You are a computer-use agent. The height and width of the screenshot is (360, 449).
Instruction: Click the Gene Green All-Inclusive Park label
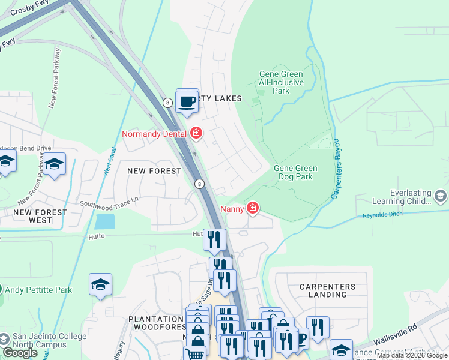click(x=280, y=82)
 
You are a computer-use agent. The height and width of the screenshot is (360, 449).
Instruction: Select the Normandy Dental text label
click(x=154, y=134)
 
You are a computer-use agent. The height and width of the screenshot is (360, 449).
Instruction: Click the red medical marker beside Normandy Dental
click(x=196, y=133)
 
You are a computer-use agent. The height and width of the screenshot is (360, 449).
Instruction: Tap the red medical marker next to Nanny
click(x=253, y=208)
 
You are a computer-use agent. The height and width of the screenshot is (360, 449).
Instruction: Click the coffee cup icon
click(x=187, y=101)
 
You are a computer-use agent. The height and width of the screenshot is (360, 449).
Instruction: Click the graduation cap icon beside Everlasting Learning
click(x=441, y=196)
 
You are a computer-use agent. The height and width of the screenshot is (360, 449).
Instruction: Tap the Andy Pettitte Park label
click(x=41, y=290)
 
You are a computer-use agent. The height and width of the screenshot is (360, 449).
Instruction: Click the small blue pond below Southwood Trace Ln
click(x=104, y=221)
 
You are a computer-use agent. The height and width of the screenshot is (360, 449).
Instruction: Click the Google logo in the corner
click(x=20, y=353)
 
